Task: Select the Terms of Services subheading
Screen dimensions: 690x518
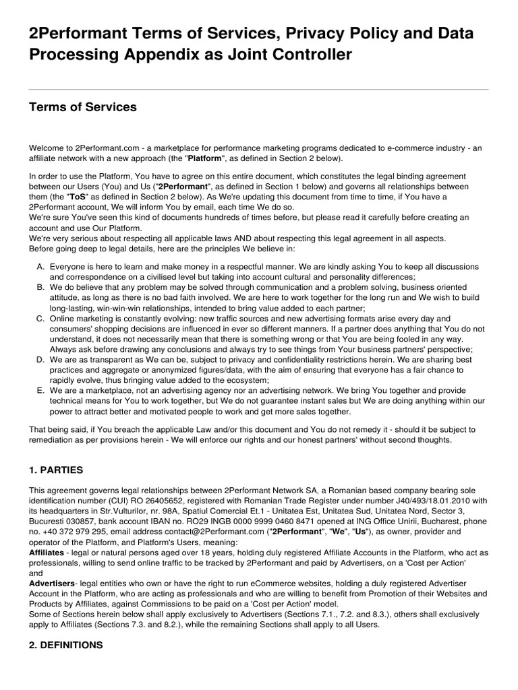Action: (82, 107)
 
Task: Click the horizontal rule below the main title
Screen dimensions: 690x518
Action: (259, 90)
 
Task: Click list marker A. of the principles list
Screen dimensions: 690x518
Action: (40, 267)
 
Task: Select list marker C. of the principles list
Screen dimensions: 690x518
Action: (40, 318)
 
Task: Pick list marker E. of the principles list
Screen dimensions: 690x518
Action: (40, 389)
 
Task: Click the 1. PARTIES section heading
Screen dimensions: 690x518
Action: (57, 470)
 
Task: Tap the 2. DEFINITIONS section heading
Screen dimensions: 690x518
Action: (65, 645)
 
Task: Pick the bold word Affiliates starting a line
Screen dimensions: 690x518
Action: (47, 552)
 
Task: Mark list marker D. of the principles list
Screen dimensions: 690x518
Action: (40, 359)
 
